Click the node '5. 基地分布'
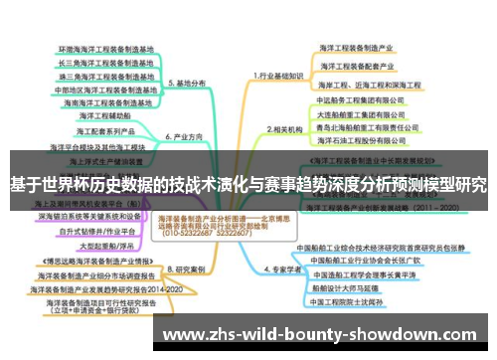(x=187, y=83)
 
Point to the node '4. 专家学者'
(x=281, y=269)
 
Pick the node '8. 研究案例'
(x=187, y=269)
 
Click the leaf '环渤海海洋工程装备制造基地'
(x=106, y=48)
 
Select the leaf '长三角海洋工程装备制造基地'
(x=106, y=61)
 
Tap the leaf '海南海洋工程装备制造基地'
(x=108, y=101)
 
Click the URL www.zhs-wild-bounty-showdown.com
(x=329, y=334)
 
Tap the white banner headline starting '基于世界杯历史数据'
(x=248, y=184)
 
